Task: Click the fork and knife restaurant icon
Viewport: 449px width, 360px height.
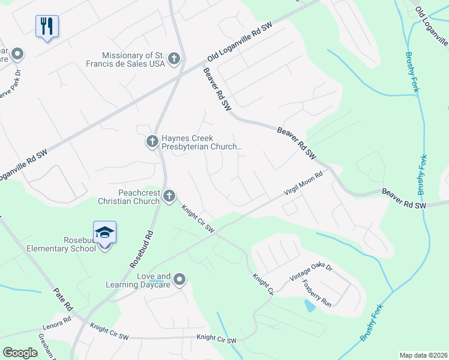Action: pos(47,26)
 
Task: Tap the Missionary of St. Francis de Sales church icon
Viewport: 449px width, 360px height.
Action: pos(174,58)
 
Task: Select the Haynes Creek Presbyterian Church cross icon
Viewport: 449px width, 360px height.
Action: pos(152,142)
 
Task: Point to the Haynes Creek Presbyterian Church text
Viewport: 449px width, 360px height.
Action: pos(201,142)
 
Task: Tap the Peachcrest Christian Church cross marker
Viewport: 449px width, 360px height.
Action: pos(169,195)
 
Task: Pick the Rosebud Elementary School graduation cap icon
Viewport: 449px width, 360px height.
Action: pos(104,233)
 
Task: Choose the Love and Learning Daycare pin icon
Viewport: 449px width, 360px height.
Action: pos(179,280)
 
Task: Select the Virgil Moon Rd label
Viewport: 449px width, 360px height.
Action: pos(304,184)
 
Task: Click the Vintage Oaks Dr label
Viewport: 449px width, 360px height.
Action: pos(311,273)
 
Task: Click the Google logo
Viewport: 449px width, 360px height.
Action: pos(20,353)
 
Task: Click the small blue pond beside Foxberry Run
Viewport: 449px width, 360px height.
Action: pos(309,306)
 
